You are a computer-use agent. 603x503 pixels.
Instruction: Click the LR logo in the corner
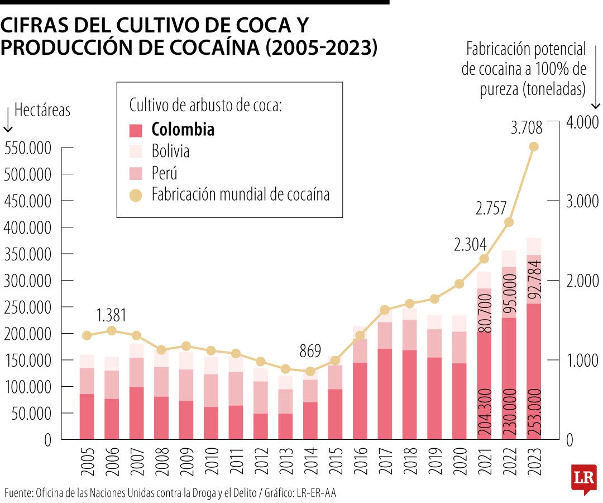point(583,478)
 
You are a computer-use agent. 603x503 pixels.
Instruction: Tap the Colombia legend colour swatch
point(136,130)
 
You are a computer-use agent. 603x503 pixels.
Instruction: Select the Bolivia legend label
point(170,151)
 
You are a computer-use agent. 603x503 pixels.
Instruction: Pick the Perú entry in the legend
point(164,173)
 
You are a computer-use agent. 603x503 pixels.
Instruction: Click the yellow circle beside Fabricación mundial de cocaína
point(136,195)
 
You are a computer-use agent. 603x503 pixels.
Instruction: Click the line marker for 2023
point(533,146)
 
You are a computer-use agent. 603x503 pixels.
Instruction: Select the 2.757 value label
point(491,208)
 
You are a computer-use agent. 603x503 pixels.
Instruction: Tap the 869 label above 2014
point(310,351)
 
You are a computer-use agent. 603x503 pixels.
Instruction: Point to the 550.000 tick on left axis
point(27,149)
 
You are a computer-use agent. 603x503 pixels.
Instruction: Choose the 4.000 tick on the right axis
point(582,122)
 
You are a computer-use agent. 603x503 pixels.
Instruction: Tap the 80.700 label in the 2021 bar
point(485,316)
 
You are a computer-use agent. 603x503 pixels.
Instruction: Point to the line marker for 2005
point(87,335)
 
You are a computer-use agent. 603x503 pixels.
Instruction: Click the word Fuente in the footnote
point(18,492)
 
